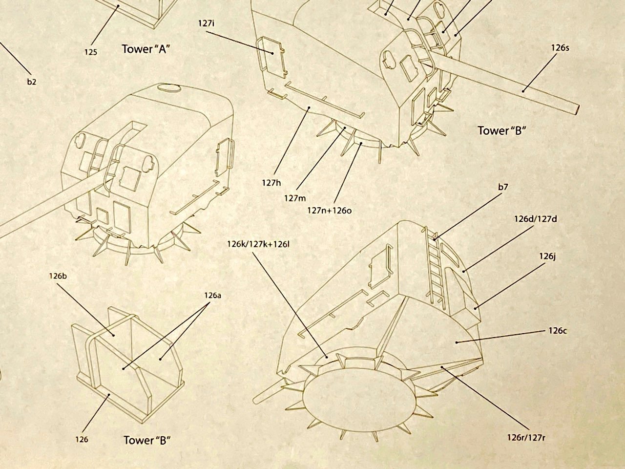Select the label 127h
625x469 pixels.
[x=271, y=183]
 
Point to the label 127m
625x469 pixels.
[x=294, y=198]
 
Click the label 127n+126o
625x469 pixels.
[x=330, y=210]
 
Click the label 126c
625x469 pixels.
[x=557, y=330]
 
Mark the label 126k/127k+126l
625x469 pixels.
[x=258, y=243]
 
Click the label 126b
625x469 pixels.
[x=58, y=276]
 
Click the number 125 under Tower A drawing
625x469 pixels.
[x=90, y=52]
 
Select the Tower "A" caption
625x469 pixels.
[x=145, y=49]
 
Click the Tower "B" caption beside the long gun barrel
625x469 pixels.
[x=503, y=130]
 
